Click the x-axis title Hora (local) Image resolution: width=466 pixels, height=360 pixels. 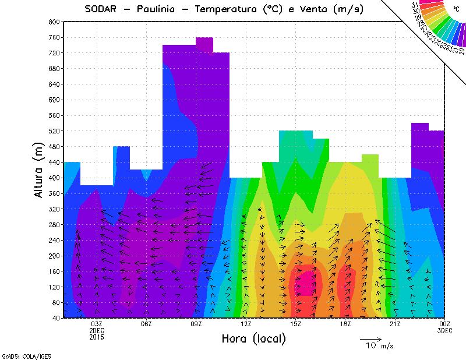pyautogui.click(x=253, y=338)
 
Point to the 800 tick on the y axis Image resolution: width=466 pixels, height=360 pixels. pyautogui.click(x=54, y=22)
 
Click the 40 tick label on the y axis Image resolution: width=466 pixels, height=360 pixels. pyautogui.click(x=57, y=318)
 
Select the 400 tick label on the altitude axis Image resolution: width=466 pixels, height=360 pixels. pyautogui.click(x=54, y=178)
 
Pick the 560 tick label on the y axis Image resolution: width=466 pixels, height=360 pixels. pyautogui.click(x=54, y=115)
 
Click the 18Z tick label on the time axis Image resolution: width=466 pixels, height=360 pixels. pyautogui.click(x=345, y=324)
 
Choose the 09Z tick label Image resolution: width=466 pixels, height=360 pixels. pyautogui.click(x=196, y=324)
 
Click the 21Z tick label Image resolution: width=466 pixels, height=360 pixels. pyautogui.click(x=395, y=324)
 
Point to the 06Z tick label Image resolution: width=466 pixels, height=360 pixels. pyautogui.click(x=146, y=324)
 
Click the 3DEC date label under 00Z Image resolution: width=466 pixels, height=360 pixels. pyautogui.click(x=444, y=330)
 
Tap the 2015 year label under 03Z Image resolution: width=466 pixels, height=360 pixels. pyautogui.click(x=97, y=337)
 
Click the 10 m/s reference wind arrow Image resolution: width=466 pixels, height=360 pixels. pyautogui.click(x=370, y=338)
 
